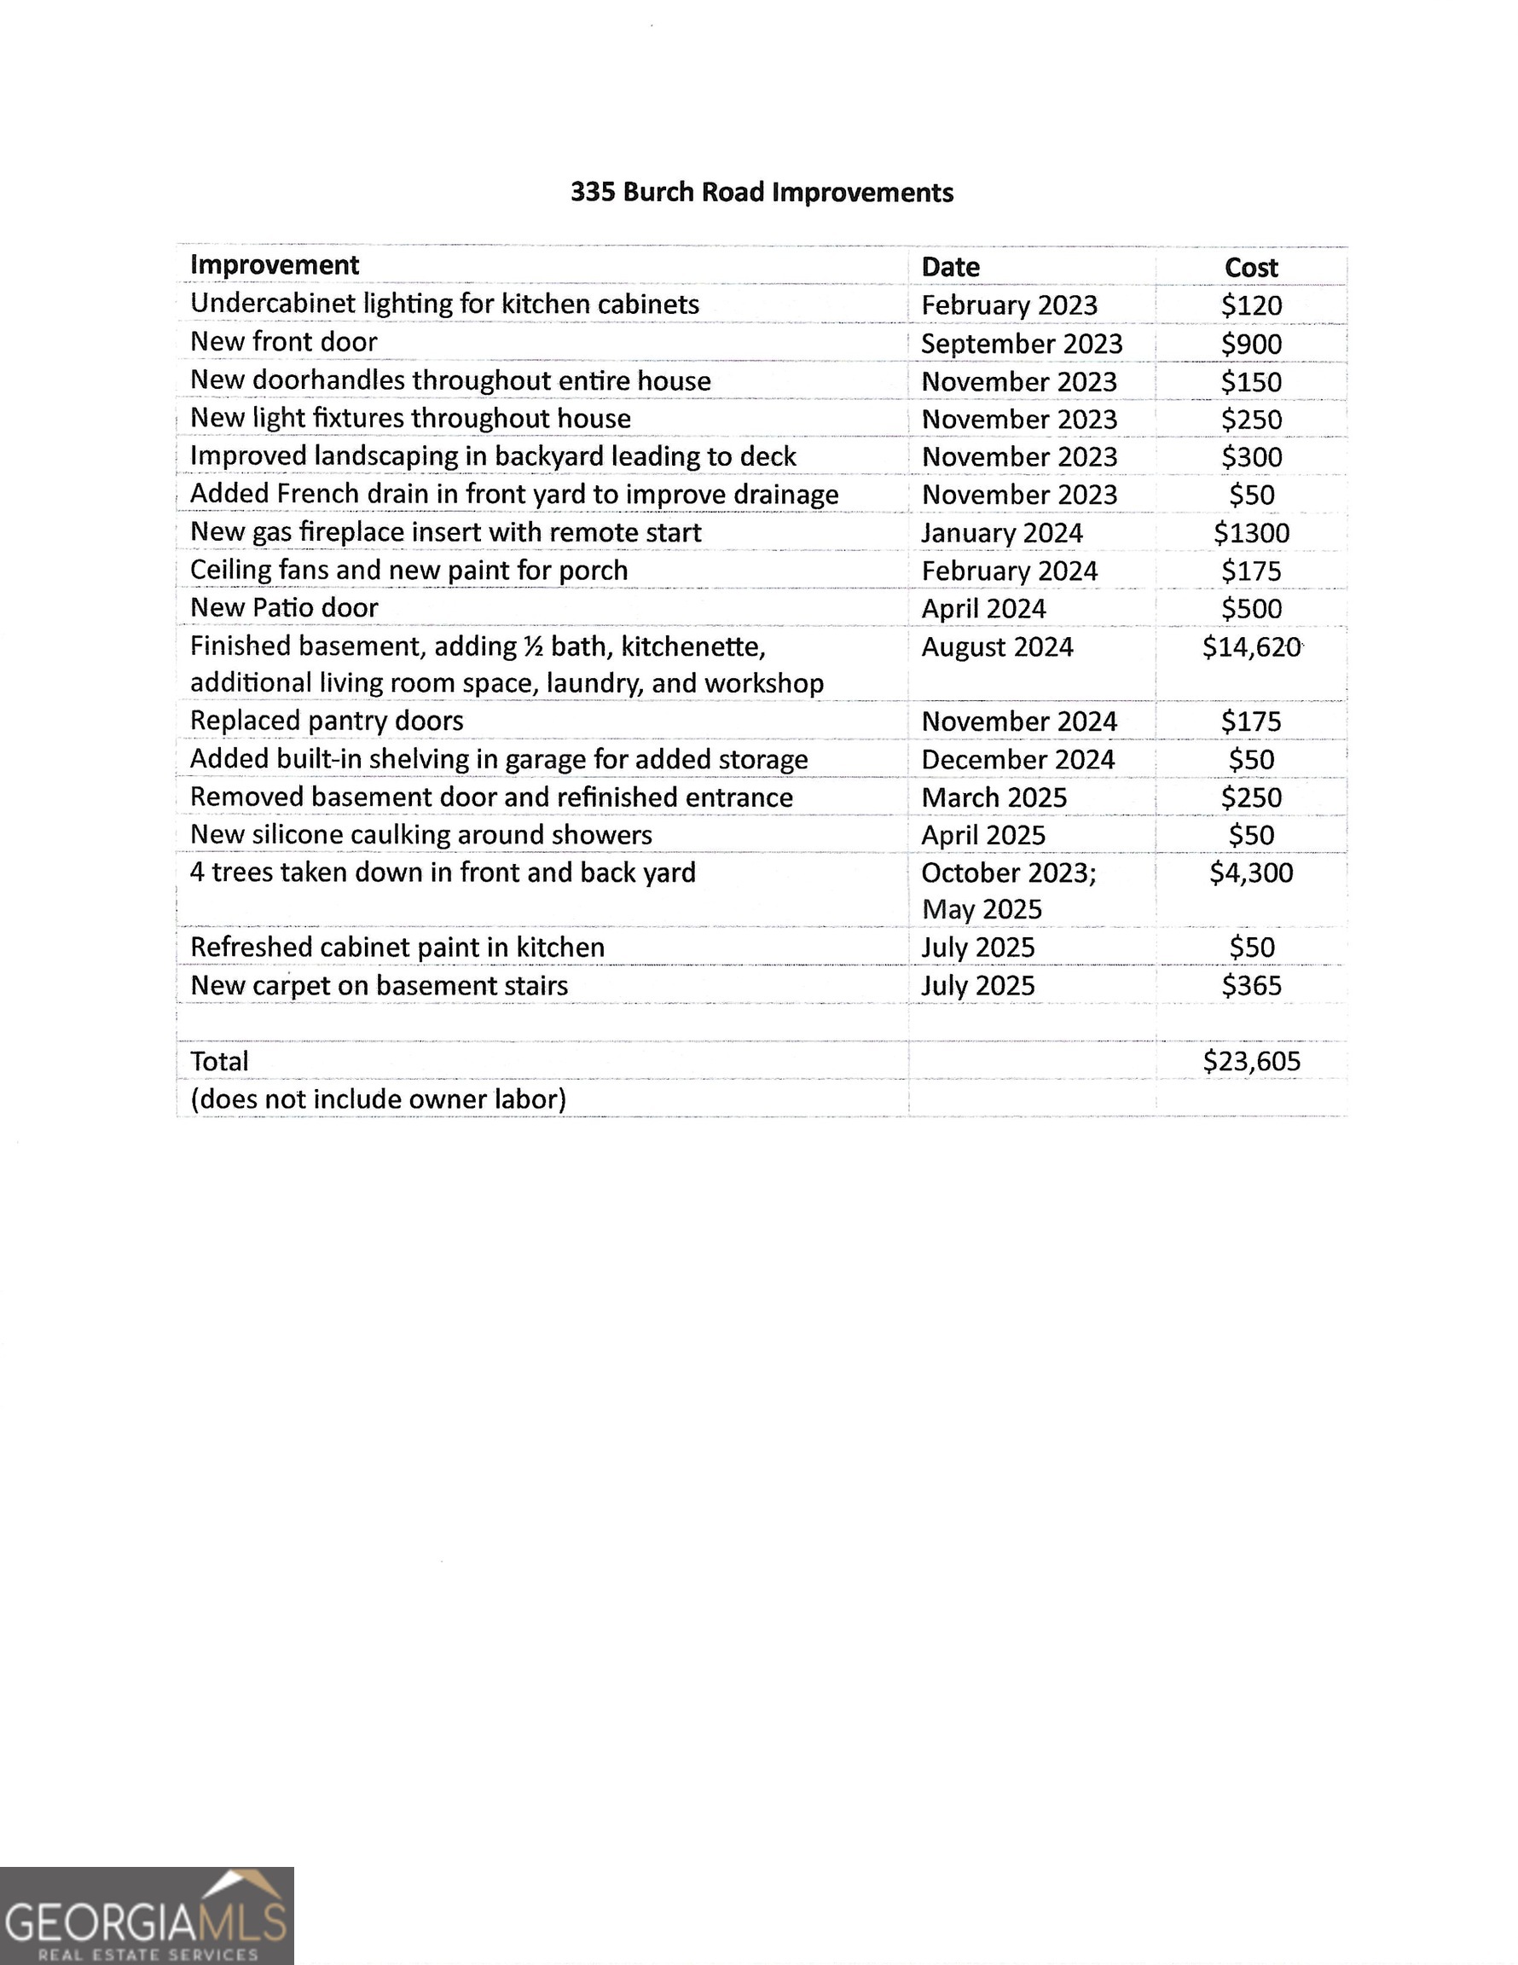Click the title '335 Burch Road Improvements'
click(x=762, y=193)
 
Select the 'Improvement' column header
click(x=275, y=265)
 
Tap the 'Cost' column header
click(x=1251, y=267)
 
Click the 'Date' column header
click(x=950, y=267)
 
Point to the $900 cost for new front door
click(x=1251, y=344)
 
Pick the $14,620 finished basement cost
click(x=1251, y=647)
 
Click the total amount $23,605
click(x=1251, y=1061)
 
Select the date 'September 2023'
click(x=1022, y=344)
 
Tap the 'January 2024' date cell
click(x=1001, y=533)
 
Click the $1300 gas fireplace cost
click(x=1251, y=533)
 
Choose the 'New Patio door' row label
click(x=283, y=608)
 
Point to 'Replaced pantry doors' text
click(x=327, y=721)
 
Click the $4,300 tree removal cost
click(x=1251, y=872)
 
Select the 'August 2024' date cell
click(x=997, y=647)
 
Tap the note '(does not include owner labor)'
click(x=378, y=1098)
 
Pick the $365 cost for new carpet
click(x=1251, y=985)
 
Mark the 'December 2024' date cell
click(x=1017, y=759)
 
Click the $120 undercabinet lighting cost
click(x=1251, y=305)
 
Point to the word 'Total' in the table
click(x=218, y=1062)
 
